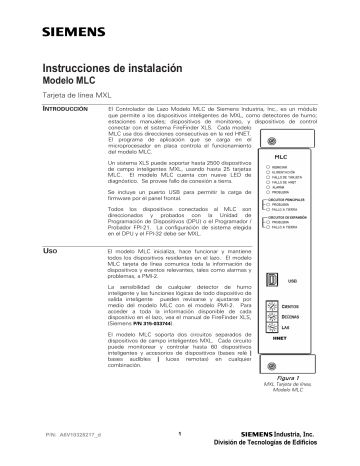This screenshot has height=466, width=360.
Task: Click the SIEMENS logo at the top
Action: [62, 17]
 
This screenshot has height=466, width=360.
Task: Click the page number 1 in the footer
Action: [177, 432]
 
